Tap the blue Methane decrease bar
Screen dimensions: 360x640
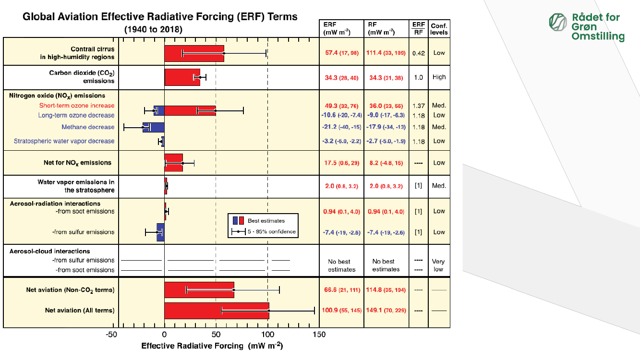pyautogui.click(x=153, y=127)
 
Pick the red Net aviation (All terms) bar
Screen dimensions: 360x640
pyautogui.click(x=216, y=311)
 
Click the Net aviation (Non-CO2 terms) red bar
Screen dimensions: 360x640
pyautogui.click(x=199, y=290)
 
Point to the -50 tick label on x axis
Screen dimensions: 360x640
pyautogui.click(x=111, y=335)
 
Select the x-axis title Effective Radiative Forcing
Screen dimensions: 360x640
pyautogui.click(x=212, y=346)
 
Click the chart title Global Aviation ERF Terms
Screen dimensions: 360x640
pyautogui.click(x=160, y=17)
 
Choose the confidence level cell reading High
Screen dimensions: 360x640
pyautogui.click(x=439, y=77)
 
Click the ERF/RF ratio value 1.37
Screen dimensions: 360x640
pyautogui.click(x=418, y=106)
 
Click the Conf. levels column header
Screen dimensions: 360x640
pyautogui.click(x=439, y=29)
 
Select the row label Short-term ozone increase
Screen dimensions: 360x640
pyautogui.click(x=77, y=106)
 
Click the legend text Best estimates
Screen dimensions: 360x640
pyautogui.click(x=266, y=221)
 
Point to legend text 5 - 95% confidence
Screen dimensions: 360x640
pyautogui.click(x=272, y=232)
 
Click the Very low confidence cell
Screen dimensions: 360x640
pyautogui.click(x=438, y=265)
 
